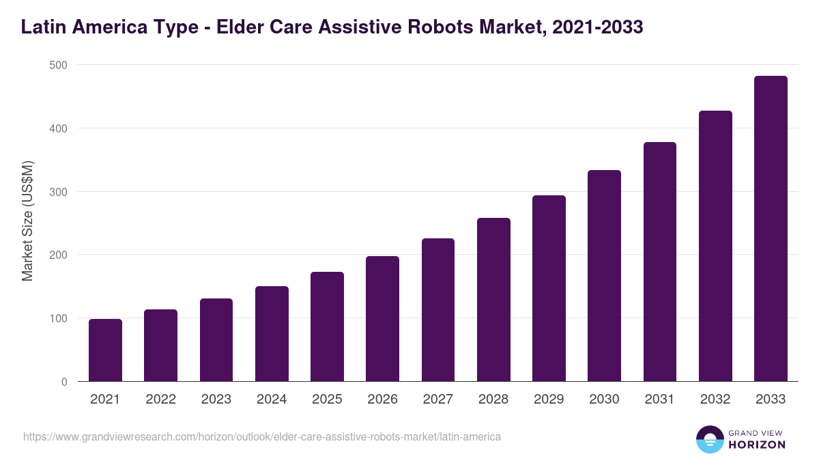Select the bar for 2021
[105, 350]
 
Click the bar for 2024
[272, 334]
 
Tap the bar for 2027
[438, 310]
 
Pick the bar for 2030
[604, 276]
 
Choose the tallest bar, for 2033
[771, 229]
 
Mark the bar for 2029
[549, 288]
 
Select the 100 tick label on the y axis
[59, 318]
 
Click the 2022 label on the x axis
[160, 400]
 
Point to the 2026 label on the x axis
[382, 400]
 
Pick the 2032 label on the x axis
[715, 400]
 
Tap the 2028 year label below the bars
[493, 400]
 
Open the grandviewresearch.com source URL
[262, 436]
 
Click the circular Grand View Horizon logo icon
[710, 439]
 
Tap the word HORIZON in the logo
[757, 445]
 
